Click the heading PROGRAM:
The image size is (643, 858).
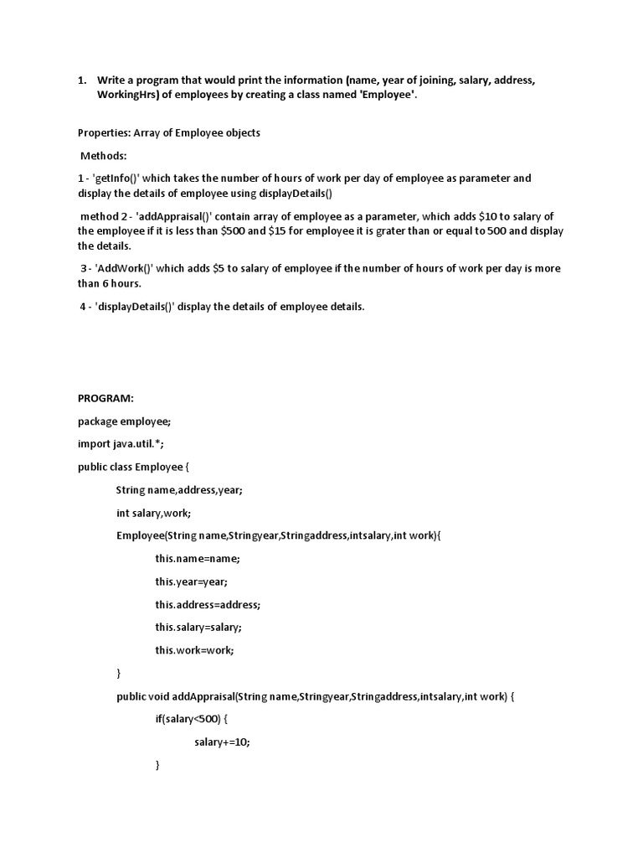pos(105,398)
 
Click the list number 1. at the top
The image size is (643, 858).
pos(83,80)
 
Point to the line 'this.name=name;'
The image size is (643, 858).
pos(198,558)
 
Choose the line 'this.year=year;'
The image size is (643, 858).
pos(191,581)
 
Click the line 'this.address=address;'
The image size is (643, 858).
pos(208,604)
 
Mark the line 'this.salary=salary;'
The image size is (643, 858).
pos(198,627)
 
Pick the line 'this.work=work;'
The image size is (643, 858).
pos(194,649)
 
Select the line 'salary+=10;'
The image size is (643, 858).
pos(222,742)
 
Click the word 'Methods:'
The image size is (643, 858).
pos(104,156)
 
